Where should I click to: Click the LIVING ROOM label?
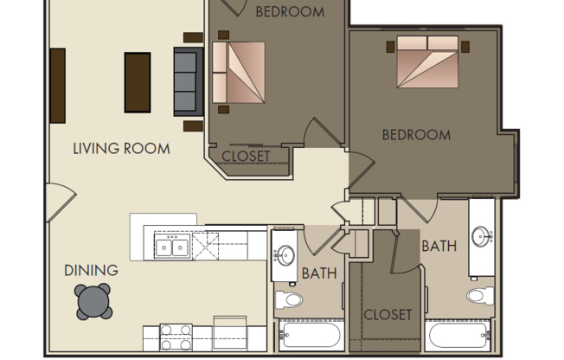tap(121, 148)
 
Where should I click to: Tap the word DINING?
tap(91, 271)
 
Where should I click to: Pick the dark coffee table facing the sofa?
tap(138, 82)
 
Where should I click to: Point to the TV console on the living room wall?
tap(58, 85)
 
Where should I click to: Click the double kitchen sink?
tap(173, 248)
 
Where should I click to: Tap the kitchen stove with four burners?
tap(176, 335)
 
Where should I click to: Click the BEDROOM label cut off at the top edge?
tap(290, 11)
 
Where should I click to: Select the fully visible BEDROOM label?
tap(416, 135)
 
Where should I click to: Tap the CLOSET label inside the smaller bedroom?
tap(246, 157)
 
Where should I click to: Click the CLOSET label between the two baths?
tap(387, 314)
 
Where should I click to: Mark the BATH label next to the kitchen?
tap(318, 274)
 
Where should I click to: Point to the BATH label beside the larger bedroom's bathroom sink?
tap(439, 246)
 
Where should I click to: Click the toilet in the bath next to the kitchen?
tap(289, 301)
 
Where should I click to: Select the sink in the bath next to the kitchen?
tap(286, 256)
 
